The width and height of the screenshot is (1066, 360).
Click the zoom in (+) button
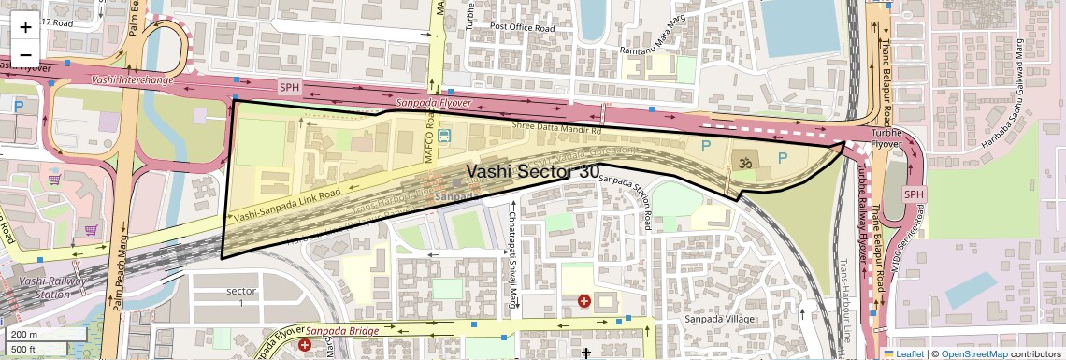(x=25, y=26)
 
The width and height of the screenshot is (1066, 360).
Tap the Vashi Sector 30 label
(x=534, y=171)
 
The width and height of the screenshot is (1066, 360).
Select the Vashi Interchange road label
(x=133, y=80)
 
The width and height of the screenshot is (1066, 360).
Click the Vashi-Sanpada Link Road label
(x=286, y=203)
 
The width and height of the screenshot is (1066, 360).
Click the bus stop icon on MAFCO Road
(x=443, y=137)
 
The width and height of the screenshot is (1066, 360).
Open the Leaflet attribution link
(x=903, y=353)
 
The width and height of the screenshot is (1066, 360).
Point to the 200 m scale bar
(x=44, y=335)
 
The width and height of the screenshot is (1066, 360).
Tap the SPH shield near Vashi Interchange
(x=291, y=85)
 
